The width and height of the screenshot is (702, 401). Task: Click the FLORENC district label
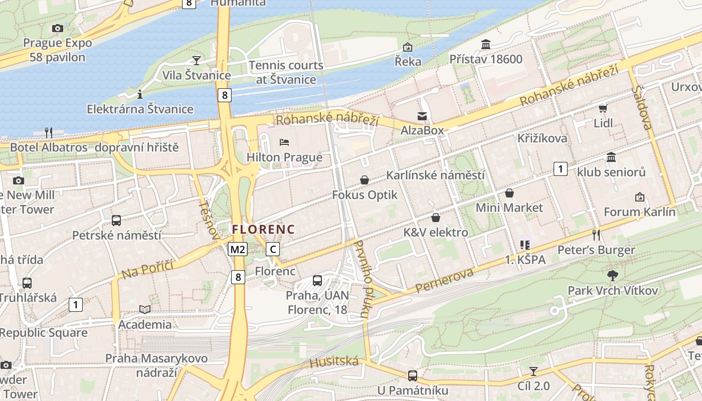[263, 229]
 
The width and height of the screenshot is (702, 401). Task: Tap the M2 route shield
[238, 249]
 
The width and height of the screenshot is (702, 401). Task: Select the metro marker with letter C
[273, 249]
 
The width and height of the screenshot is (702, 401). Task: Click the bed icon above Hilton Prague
[284, 142]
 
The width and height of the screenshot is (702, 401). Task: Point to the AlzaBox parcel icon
[422, 116]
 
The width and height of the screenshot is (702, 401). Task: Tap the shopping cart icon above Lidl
[603, 108]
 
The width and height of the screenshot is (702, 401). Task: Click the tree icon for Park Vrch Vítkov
[612, 275]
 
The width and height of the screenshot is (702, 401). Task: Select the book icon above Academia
[145, 310]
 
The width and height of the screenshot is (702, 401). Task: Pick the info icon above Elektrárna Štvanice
[140, 94]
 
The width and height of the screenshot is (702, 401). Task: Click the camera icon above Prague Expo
[58, 28]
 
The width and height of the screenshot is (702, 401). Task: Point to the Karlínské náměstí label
[435, 175]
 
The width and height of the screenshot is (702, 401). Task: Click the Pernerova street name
[444, 281]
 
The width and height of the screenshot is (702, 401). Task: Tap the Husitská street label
[334, 362]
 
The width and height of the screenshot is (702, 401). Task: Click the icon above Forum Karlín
[639, 197]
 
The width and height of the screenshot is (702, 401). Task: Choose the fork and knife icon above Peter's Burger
[596, 234]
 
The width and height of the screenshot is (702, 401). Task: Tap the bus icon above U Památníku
[413, 375]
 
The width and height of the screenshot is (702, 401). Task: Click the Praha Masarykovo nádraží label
[156, 365]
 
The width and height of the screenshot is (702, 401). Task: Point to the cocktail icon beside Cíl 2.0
[534, 371]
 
